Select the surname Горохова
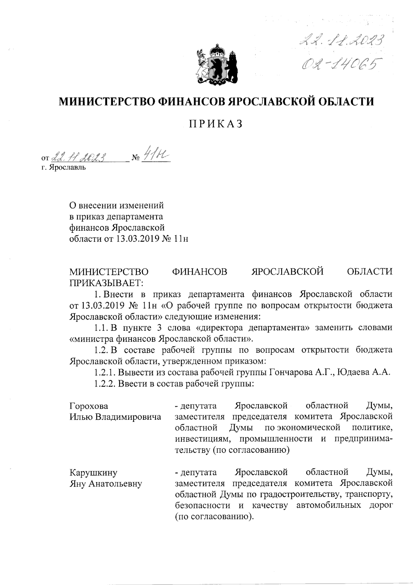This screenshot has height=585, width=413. pyautogui.click(x=89, y=406)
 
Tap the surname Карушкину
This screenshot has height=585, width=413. pyautogui.click(x=93, y=473)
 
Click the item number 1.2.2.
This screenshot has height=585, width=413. pyautogui.click(x=105, y=384)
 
